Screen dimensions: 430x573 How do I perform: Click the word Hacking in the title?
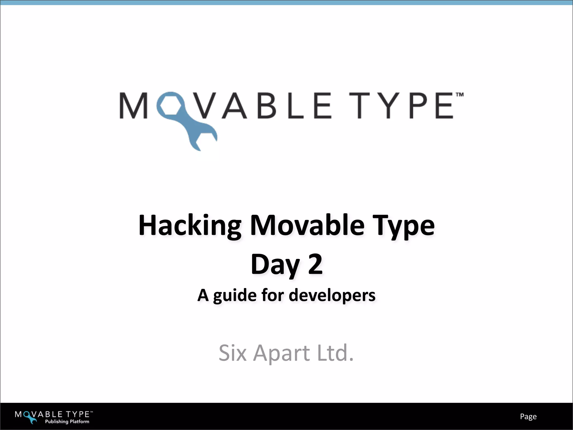point(190,226)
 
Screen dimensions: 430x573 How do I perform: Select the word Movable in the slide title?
point(307,226)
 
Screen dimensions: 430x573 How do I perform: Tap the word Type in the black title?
point(405,226)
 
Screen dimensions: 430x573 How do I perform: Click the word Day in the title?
point(275,265)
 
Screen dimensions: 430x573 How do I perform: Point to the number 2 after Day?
point(315,264)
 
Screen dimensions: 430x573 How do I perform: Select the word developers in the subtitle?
point(332,296)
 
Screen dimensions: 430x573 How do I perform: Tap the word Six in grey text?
point(232,353)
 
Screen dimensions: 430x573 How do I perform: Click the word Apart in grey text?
point(281,353)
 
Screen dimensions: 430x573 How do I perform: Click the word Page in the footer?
point(528,417)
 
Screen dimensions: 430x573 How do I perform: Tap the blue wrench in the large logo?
point(193,129)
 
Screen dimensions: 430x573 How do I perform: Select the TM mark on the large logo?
point(459,95)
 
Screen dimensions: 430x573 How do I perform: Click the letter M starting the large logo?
point(133,106)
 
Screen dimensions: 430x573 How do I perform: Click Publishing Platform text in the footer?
point(67,421)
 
